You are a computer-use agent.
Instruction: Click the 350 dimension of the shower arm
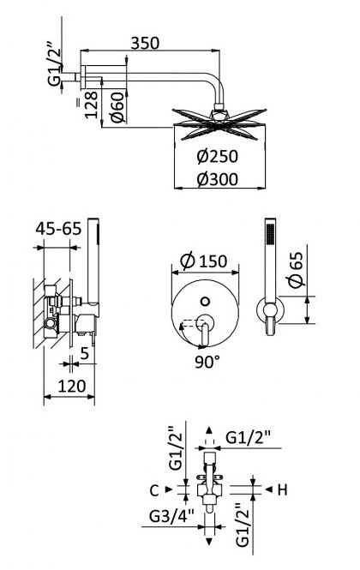(x=145, y=43)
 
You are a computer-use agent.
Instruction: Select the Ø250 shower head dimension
(x=218, y=156)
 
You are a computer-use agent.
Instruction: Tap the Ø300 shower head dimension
(x=218, y=179)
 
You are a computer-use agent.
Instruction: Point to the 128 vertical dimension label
(x=92, y=105)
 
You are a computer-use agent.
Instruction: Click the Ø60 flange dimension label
(x=117, y=107)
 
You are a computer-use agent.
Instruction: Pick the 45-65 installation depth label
(x=58, y=229)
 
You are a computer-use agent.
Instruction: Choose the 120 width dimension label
(x=72, y=386)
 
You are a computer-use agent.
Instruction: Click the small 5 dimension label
(x=84, y=352)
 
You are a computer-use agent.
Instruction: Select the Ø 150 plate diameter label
(x=204, y=261)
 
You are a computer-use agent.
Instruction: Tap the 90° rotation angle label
(x=207, y=362)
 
